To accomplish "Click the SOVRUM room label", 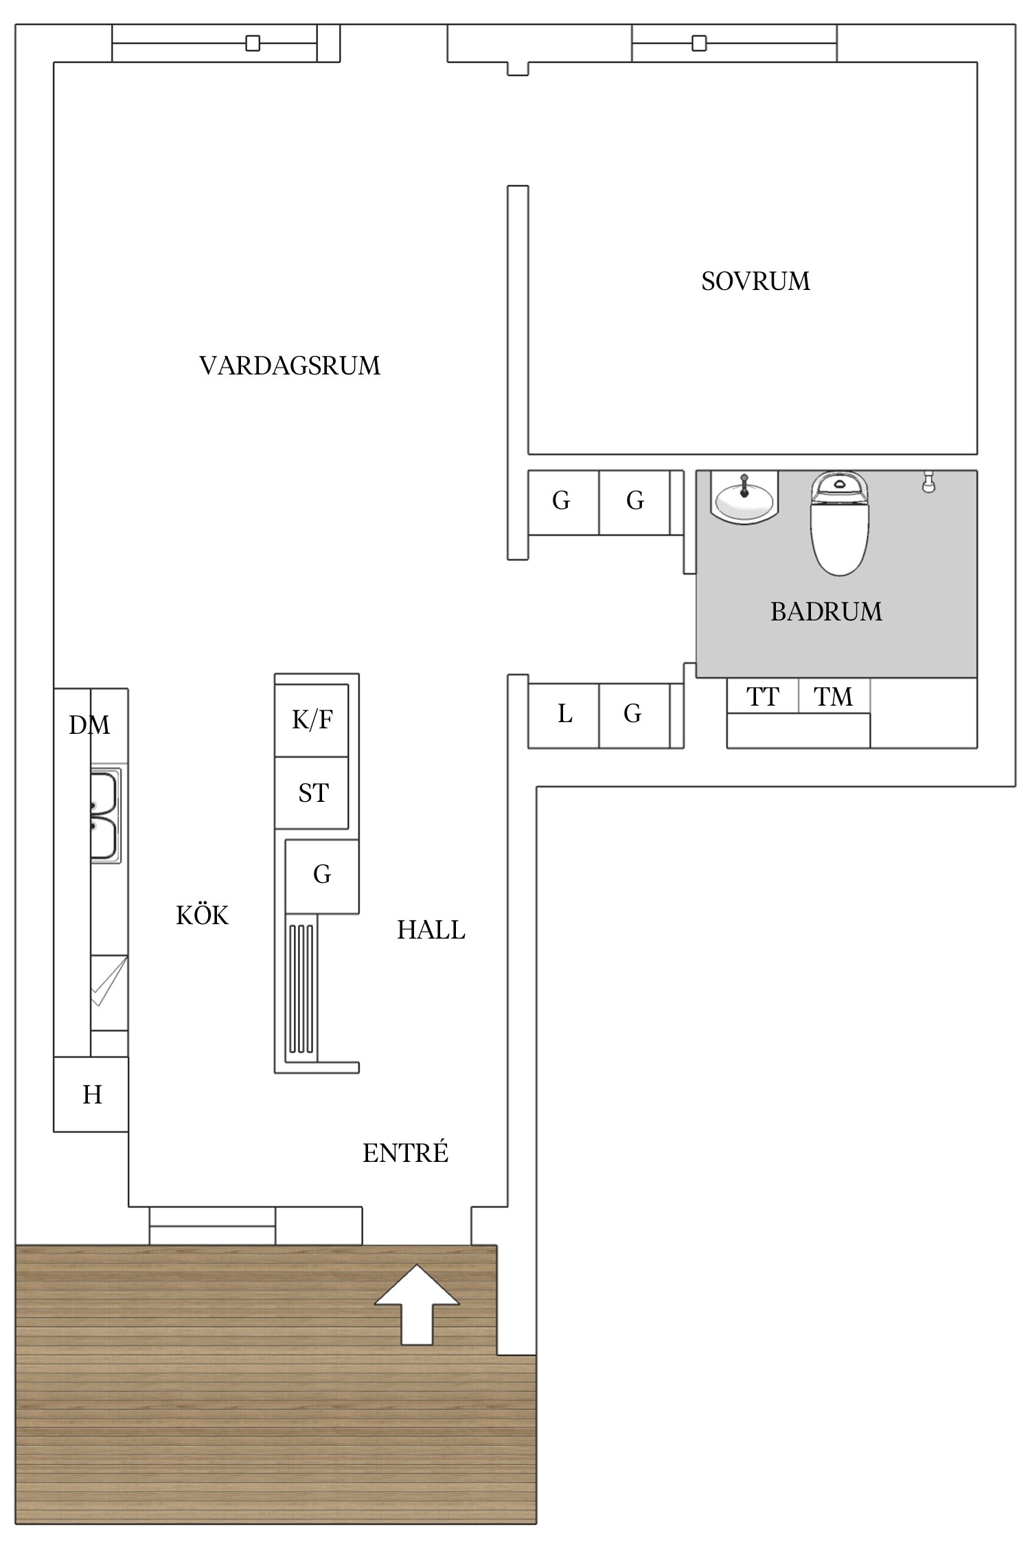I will [755, 281].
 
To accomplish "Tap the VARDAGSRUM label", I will [289, 366].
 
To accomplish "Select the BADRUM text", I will [825, 612].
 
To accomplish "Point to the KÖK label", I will [202, 915].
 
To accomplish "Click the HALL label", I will [431, 930].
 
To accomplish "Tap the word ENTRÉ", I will [405, 1153].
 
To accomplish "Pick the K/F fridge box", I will [312, 720].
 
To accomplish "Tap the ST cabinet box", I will [312, 793].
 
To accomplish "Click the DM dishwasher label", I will [89, 725].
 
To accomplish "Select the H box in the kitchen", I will [91, 1094].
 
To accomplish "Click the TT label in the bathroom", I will [762, 697].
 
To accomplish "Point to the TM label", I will [833, 697].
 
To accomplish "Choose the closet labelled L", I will [564, 715].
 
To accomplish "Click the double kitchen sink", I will [105, 816].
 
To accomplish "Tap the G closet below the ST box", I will [321, 875].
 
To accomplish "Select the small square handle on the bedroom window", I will [699, 43].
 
